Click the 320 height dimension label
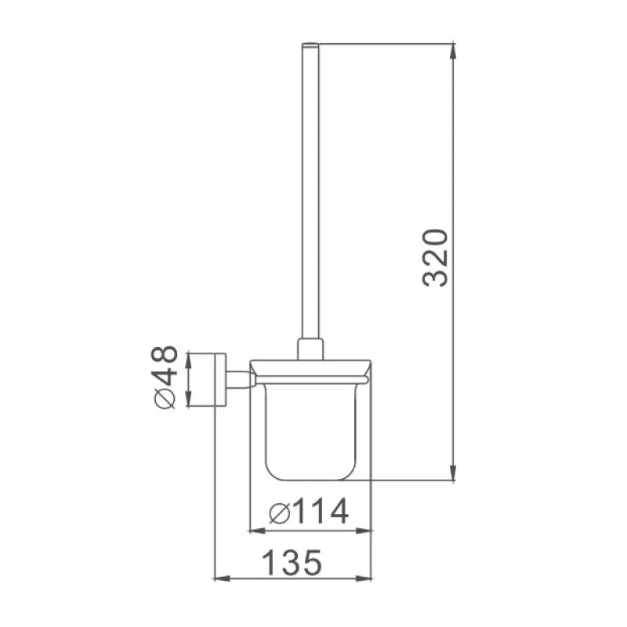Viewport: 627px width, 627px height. tap(435, 258)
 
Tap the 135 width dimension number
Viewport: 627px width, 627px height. tap(292, 563)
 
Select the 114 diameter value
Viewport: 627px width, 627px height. tap(321, 512)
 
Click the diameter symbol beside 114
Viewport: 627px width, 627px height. tap(280, 513)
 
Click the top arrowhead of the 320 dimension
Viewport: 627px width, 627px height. tap(453, 51)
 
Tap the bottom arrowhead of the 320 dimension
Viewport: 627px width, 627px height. tap(453, 472)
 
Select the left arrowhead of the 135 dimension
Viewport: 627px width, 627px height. tap(223, 578)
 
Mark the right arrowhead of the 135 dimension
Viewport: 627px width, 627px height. tap(364, 578)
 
